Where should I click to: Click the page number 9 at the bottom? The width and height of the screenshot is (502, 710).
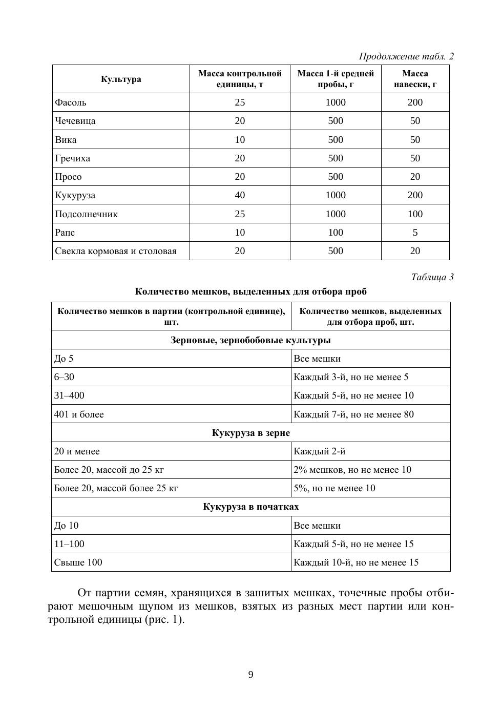(x=250, y=675)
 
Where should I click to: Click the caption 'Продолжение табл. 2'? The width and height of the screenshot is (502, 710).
(x=406, y=56)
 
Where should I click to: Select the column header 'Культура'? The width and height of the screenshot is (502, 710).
(x=121, y=79)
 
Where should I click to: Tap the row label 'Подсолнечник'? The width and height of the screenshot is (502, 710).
(x=86, y=214)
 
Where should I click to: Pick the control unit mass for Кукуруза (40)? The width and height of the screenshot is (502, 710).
(x=240, y=195)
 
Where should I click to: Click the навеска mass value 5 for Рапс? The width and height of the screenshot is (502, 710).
(x=415, y=233)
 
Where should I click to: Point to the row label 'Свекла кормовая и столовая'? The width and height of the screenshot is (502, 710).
(x=115, y=251)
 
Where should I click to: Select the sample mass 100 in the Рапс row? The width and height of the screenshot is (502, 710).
(x=336, y=233)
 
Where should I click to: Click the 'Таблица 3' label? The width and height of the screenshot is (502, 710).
(x=432, y=277)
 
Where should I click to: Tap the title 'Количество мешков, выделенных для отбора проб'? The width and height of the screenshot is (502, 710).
(x=250, y=291)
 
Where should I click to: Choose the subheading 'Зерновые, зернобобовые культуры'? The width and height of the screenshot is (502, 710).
(x=250, y=340)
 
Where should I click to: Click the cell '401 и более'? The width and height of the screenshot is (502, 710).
(x=79, y=414)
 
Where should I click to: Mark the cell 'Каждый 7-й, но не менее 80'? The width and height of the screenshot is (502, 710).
(x=353, y=414)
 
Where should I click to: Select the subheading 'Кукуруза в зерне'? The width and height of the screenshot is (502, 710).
(x=250, y=433)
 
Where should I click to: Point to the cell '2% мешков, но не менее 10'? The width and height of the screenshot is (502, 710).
(x=352, y=470)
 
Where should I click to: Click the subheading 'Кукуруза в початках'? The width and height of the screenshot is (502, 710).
(x=250, y=507)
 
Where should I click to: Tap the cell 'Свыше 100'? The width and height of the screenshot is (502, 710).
(x=78, y=562)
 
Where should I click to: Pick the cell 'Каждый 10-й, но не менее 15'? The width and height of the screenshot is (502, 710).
(x=356, y=562)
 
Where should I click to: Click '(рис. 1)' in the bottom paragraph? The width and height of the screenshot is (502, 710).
(x=164, y=619)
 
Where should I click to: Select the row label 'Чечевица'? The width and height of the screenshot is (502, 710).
(x=75, y=121)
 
